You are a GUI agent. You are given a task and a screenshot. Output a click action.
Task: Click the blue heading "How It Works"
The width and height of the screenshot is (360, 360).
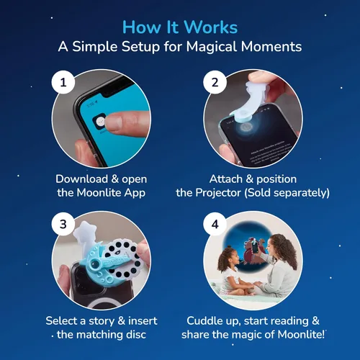tap(180, 27)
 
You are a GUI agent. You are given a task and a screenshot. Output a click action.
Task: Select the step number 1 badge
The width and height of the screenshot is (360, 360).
tap(63, 82)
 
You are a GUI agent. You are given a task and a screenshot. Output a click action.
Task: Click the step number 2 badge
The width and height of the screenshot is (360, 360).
tap(215, 82)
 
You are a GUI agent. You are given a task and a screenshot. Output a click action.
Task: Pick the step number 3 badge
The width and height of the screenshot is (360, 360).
tap(63, 224)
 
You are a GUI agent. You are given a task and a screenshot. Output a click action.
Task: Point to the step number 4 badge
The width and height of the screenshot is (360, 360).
tap(215, 224)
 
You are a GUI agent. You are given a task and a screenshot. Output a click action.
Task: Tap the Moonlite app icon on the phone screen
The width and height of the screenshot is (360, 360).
tap(99, 122)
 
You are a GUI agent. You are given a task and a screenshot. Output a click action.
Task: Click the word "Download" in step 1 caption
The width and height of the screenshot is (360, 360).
tap(81, 179)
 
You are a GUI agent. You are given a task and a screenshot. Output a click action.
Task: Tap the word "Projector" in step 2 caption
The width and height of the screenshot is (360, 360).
tap(218, 193)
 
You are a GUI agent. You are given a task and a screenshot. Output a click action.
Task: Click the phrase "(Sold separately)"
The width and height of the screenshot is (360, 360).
tap(287, 193)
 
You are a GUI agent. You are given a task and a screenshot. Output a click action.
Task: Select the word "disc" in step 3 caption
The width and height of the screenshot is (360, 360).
tap(136, 335)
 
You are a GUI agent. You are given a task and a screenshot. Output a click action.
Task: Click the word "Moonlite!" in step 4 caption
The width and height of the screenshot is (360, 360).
tap(301, 335)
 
